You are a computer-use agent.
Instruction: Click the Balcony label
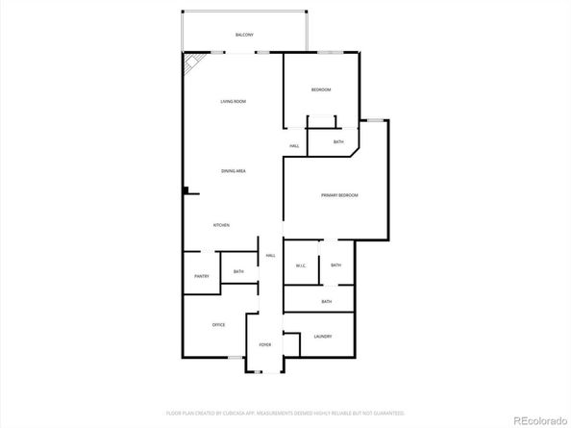point(244,36)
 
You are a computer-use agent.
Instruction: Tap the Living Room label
point(234,101)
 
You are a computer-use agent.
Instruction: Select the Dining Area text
point(234,171)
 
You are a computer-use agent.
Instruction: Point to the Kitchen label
point(221,225)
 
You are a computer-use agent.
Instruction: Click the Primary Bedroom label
point(339,195)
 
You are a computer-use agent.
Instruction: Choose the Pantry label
point(201,277)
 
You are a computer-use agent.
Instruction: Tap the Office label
point(219,325)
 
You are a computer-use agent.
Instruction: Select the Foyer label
point(264,344)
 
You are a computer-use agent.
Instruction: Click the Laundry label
point(323,336)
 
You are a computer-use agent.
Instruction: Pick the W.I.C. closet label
point(300,265)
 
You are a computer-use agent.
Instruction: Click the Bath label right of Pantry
point(237,272)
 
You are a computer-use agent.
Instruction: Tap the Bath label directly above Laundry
point(327,302)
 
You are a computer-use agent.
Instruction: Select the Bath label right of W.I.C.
point(335,264)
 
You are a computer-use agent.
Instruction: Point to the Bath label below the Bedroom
point(338,142)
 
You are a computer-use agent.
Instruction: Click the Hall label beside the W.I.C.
point(271,256)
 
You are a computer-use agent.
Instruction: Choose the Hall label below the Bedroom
point(294,146)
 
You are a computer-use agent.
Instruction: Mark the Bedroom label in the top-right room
point(321,90)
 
